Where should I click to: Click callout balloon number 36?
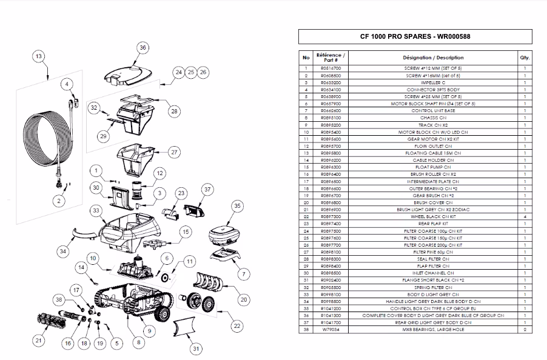pyautogui.click(x=143, y=47)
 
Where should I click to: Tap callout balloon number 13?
pyautogui.click(x=38, y=57)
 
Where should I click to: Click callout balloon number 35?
pyautogui.click(x=237, y=207)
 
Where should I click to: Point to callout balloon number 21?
pyautogui.click(x=38, y=341)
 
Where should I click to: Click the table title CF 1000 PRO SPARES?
pyautogui.click(x=415, y=36)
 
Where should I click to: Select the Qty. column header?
pyautogui.click(x=525, y=57)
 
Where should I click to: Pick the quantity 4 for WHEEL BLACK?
pyautogui.click(x=525, y=216)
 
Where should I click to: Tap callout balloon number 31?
pyautogui.click(x=195, y=348)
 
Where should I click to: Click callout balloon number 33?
pyautogui.click(x=95, y=211)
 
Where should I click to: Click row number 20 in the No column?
pyautogui.click(x=306, y=202)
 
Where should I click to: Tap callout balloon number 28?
pyautogui.click(x=174, y=111)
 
